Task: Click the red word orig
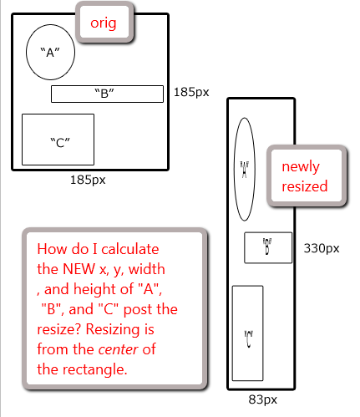104,23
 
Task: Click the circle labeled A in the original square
26,52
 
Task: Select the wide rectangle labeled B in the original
107,86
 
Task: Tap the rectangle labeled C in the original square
58,114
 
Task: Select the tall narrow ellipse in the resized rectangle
234,169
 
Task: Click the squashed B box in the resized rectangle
268,232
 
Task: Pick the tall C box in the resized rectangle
247,286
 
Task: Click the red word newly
301,167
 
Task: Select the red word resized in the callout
305,186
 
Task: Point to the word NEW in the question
79,269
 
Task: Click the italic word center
119,349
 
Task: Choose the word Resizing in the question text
113,330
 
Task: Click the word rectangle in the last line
94,369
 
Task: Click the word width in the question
147,269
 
